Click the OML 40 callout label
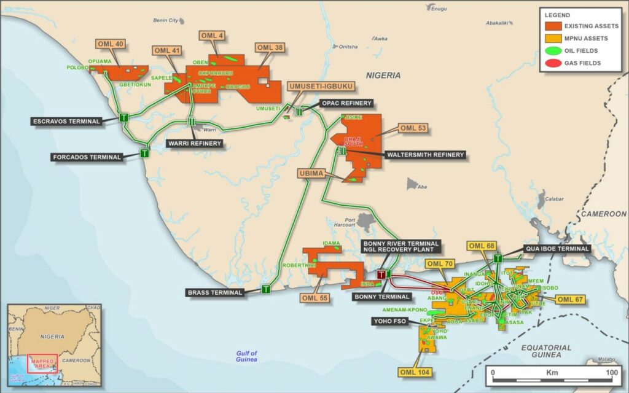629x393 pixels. (111, 44)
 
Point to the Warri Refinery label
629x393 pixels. (195, 144)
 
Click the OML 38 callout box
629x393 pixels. (270, 47)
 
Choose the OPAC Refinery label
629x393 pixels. (346, 103)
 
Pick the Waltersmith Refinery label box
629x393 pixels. (425, 155)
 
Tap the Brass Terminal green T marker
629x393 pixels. (266, 289)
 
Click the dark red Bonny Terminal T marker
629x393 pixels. (381, 274)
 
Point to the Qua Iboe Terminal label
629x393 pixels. (557, 249)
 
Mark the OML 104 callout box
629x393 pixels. (415, 372)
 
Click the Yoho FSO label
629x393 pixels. (389, 321)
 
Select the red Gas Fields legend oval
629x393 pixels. (553, 63)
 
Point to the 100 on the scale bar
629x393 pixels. (612, 373)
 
